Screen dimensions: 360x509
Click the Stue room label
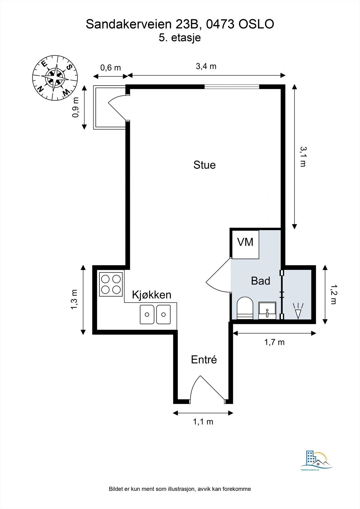coord(204,165)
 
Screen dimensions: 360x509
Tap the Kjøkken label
coord(152,295)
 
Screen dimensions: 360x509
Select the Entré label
coord(204,359)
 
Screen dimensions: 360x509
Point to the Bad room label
coord(260,281)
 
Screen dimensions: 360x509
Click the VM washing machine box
coord(245,245)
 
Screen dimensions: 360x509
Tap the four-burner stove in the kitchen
coord(111,284)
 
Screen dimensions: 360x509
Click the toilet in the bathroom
coord(245,308)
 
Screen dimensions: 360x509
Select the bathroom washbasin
coord(267,310)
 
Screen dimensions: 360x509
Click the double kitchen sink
coord(155,315)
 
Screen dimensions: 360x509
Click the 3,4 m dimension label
coord(206,66)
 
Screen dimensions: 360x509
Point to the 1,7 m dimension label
coord(274,342)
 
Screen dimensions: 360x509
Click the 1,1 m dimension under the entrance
coord(203,422)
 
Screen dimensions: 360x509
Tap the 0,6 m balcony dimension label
coord(110,67)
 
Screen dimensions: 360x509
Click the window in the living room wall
coord(232,87)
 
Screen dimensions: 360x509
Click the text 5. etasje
coord(180,38)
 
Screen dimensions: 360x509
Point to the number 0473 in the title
coord(220,24)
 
